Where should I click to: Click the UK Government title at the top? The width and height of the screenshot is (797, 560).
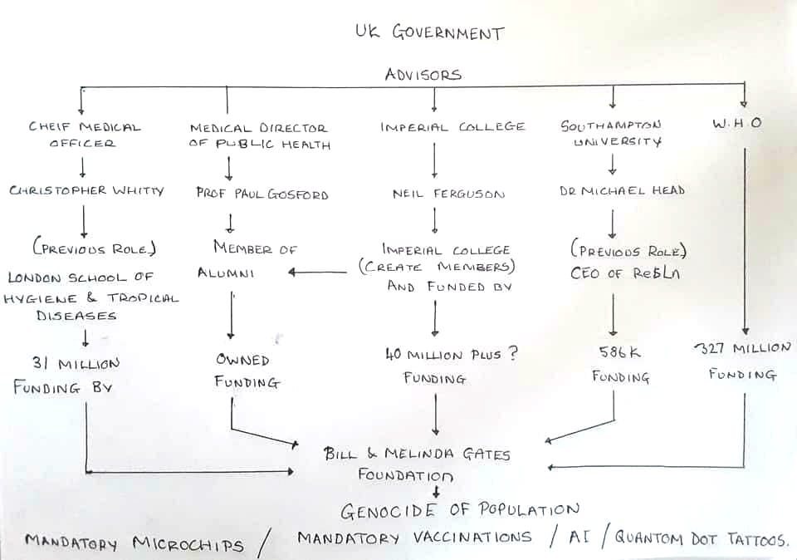coord(428,34)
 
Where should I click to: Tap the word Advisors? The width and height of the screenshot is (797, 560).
coord(423,75)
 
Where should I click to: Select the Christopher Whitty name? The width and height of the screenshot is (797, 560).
coord(86,190)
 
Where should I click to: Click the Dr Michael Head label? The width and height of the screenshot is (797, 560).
coord(621,191)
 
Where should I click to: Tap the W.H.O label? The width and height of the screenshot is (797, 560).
coord(736,125)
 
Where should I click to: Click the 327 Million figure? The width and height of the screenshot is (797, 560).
coord(741,347)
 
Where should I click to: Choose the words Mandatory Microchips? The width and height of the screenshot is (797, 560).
coord(134,543)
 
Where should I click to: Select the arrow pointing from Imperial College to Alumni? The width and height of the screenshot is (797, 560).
coord(319,271)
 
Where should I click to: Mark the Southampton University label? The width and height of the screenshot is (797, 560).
coord(612,133)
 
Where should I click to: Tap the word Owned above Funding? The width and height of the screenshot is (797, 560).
coord(243,361)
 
